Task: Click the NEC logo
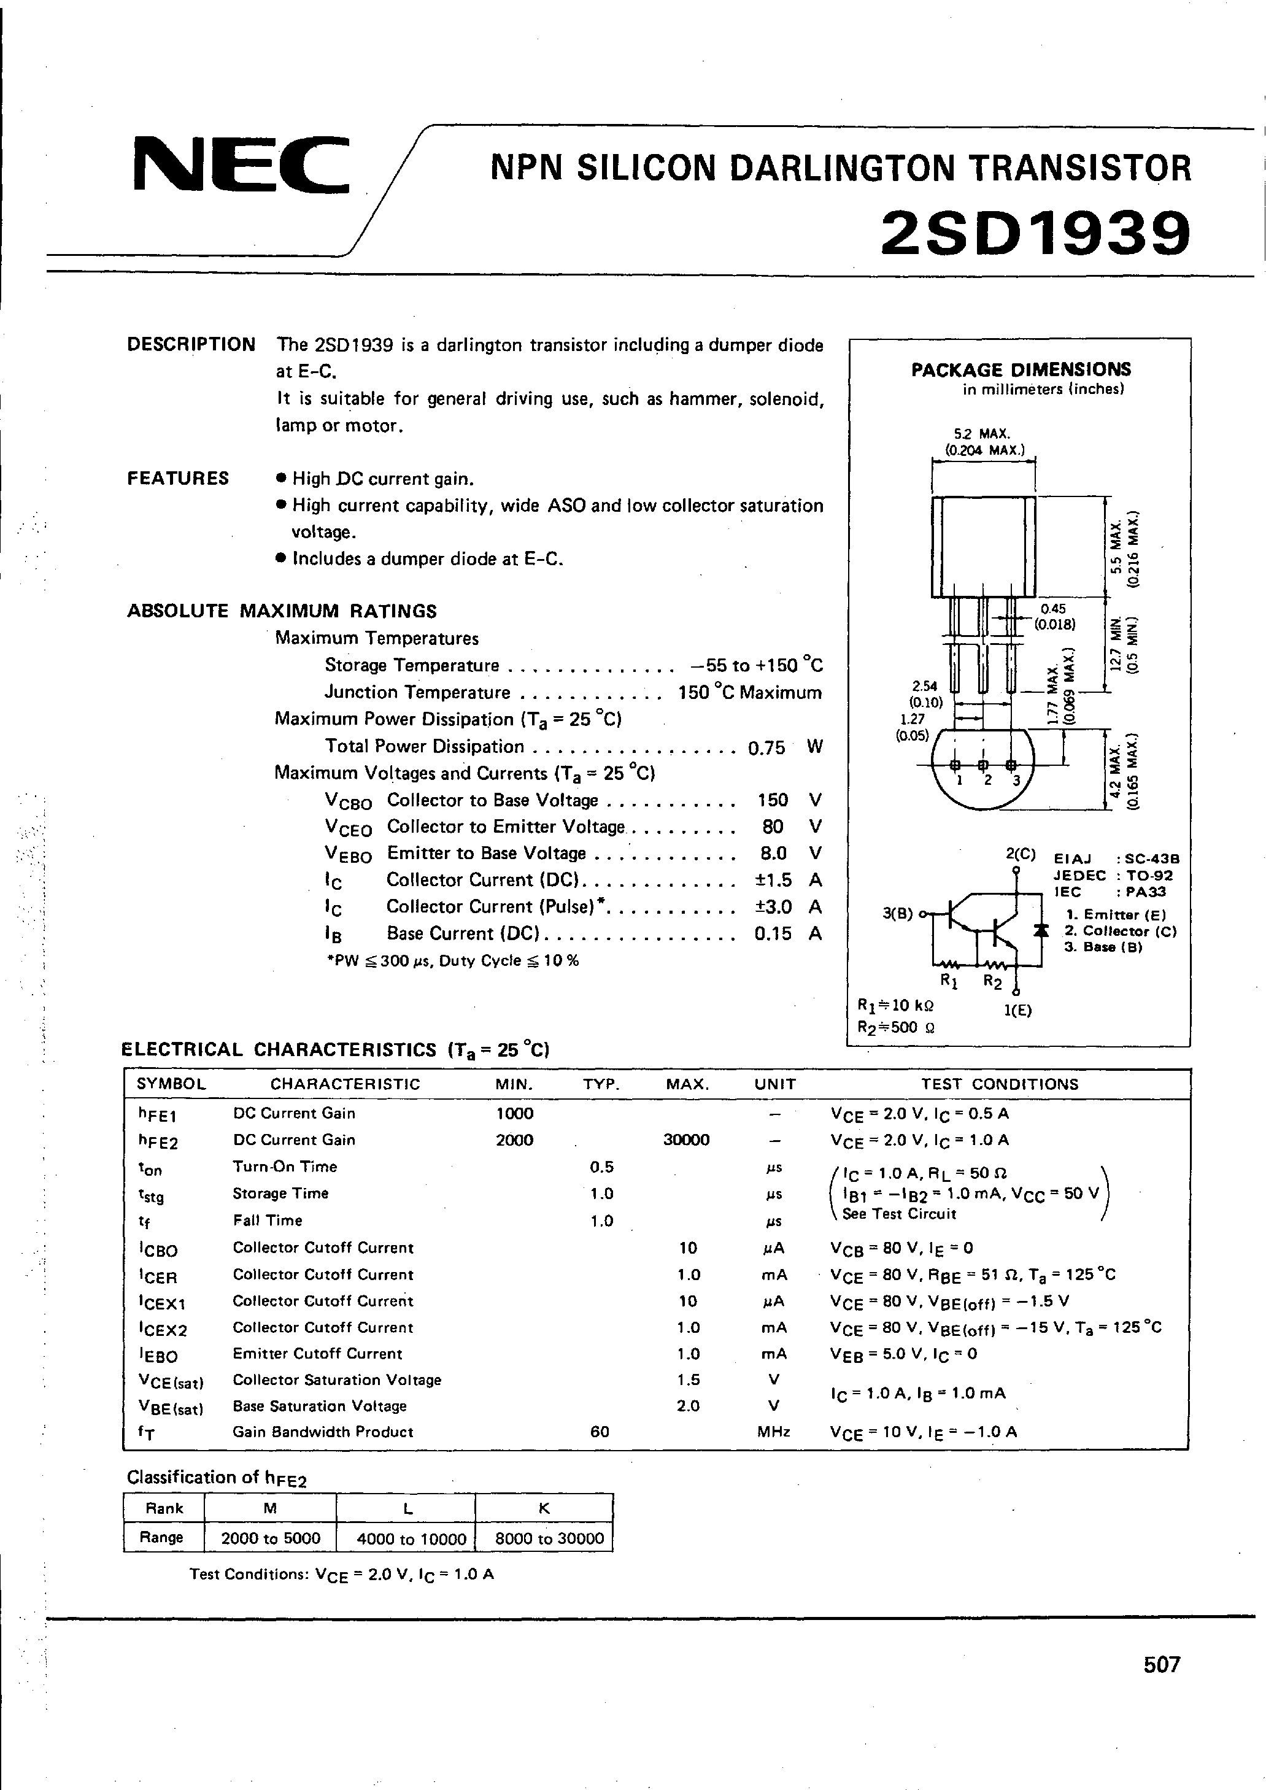(x=240, y=164)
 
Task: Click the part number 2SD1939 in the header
(x=1035, y=233)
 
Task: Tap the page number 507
(x=1162, y=1664)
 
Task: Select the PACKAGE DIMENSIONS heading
(x=1021, y=369)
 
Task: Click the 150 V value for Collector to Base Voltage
(x=773, y=800)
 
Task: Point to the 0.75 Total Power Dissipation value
(x=766, y=747)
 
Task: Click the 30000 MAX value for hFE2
(x=686, y=1140)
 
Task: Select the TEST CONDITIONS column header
(x=1000, y=1084)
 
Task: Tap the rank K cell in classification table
(x=544, y=1508)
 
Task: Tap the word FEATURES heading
(x=178, y=478)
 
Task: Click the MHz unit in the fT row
(x=773, y=1432)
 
